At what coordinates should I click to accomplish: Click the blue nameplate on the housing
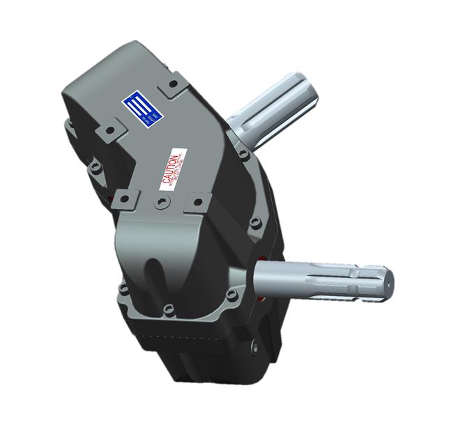(142, 111)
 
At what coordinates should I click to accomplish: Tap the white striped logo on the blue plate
(138, 108)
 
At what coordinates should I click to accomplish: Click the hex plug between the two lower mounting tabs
(162, 203)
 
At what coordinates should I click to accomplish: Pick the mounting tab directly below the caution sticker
(197, 202)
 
